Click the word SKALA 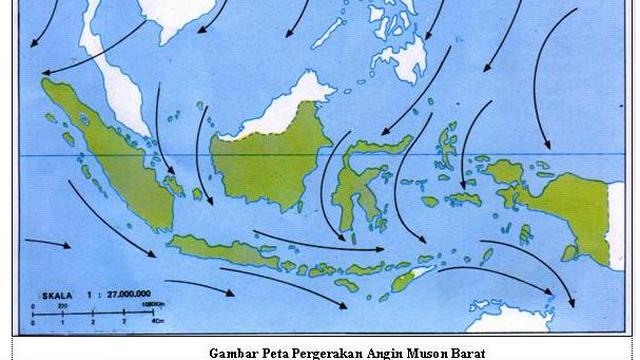click(x=51, y=296)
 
